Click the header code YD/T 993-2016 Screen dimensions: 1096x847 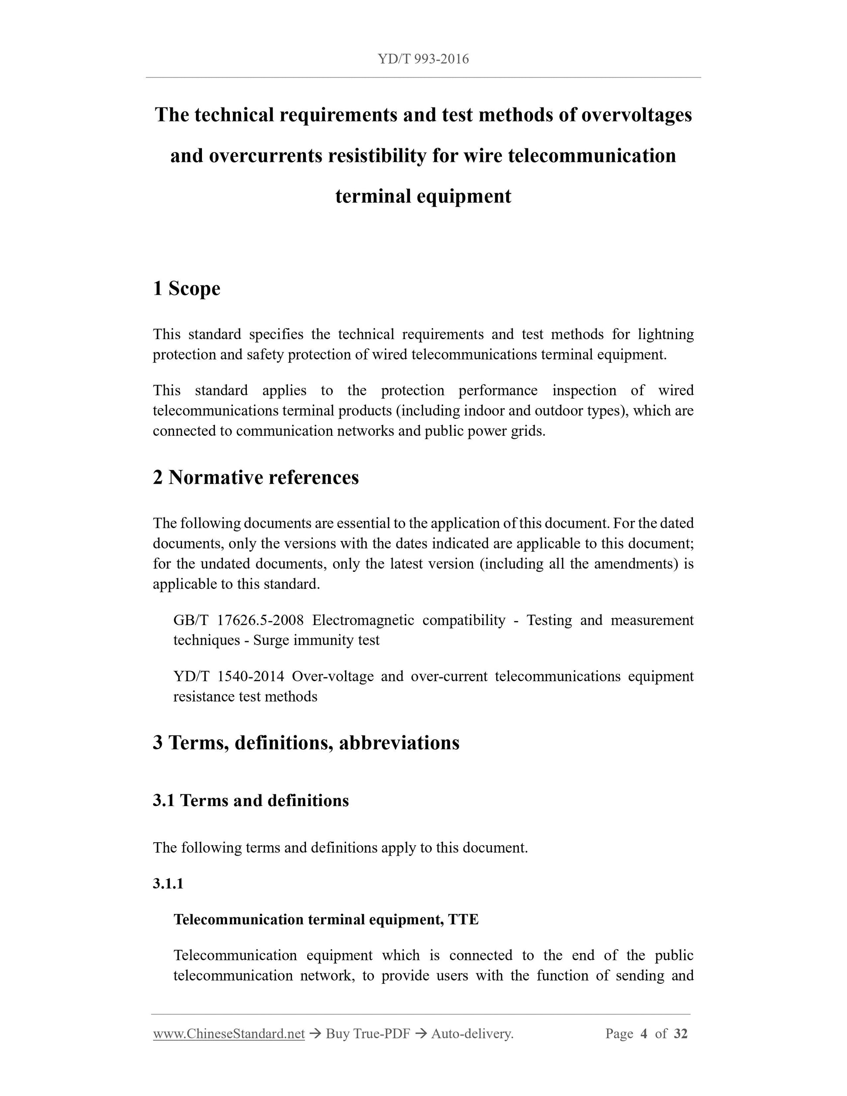tap(423, 59)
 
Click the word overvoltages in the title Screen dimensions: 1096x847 tap(636, 115)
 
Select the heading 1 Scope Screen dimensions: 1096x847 tap(186, 289)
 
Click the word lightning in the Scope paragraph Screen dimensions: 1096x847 tap(665, 334)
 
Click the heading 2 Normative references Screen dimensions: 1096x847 tap(255, 477)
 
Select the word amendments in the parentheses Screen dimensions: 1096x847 tap(636, 564)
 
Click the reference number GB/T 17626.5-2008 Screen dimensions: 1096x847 tap(239, 620)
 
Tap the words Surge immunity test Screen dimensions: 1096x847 tap(316, 640)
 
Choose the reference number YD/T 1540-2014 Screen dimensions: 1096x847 tap(229, 676)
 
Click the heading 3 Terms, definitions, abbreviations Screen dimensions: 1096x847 tap(306, 743)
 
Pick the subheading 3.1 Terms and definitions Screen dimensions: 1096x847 tap(250, 800)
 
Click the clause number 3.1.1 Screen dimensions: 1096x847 tap(168, 884)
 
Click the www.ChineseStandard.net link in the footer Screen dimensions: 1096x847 tap(229, 1034)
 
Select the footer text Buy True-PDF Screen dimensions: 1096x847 tap(367, 1034)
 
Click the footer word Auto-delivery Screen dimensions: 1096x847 tap(472, 1034)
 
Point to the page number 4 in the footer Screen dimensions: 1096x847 tap(644, 1034)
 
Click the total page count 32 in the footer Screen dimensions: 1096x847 tap(680, 1034)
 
